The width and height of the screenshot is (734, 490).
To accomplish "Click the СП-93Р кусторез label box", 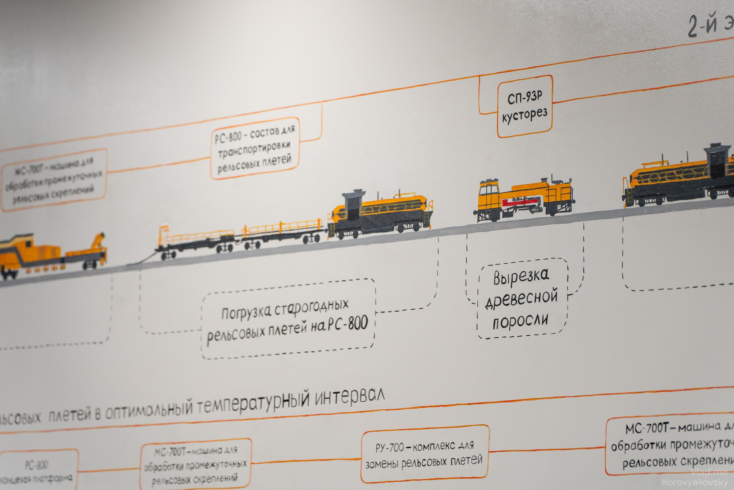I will point(524,106).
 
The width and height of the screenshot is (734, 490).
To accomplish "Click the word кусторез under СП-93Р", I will point(525,116).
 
